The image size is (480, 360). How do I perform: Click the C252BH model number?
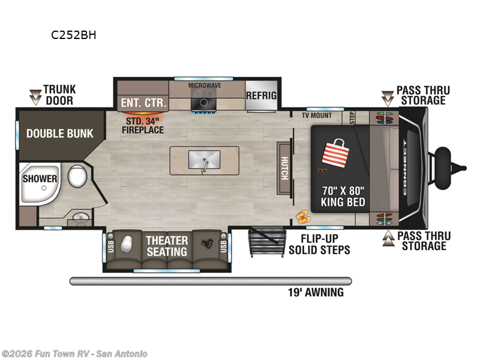74,35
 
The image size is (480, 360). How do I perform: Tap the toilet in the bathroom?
76,177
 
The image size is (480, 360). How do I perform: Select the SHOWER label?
40,179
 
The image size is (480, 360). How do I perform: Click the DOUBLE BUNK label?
59,133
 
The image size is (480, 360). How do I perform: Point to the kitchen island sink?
204,160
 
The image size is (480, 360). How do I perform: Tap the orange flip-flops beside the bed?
302,215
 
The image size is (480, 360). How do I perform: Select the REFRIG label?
261,96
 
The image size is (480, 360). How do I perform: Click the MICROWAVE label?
205,85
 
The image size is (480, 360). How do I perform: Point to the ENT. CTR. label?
143,103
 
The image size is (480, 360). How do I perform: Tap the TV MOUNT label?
317,115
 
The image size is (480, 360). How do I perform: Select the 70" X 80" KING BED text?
343,196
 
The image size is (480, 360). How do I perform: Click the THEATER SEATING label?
167,246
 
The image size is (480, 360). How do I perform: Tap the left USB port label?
110,246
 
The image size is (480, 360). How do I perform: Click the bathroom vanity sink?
78,217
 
